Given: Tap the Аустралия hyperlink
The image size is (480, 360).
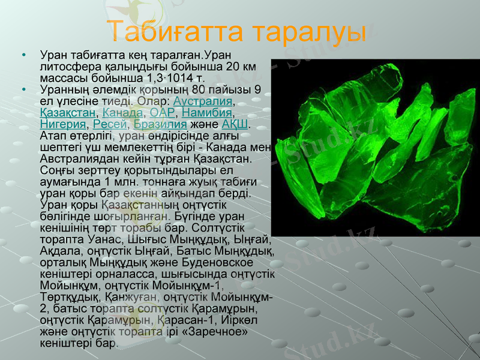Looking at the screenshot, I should (198, 101).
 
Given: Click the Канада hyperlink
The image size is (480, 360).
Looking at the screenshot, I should (123, 112).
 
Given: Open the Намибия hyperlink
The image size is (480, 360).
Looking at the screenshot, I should (207, 112).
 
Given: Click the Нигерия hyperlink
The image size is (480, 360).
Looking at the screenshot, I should (62, 124).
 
